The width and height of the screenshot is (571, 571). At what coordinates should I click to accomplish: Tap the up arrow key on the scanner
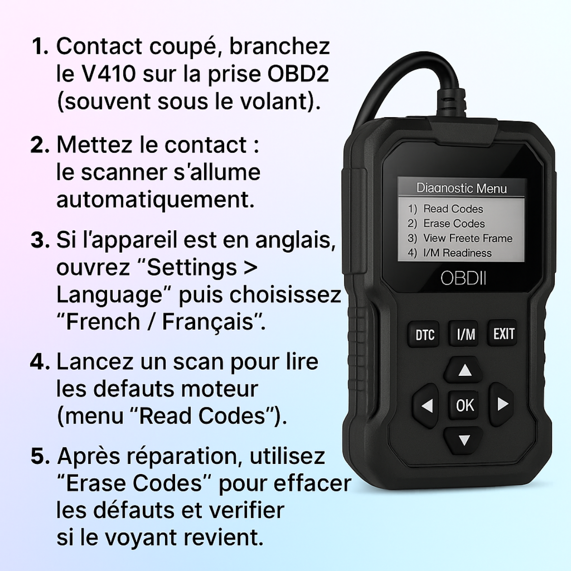click(464, 370)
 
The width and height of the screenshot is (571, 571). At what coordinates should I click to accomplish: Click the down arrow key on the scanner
click(464, 440)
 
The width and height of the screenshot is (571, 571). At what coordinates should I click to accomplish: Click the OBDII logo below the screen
click(463, 278)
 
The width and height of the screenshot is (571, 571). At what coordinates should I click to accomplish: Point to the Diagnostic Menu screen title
click(462, 188)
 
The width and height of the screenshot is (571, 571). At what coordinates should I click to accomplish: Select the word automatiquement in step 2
click(155, 200)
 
